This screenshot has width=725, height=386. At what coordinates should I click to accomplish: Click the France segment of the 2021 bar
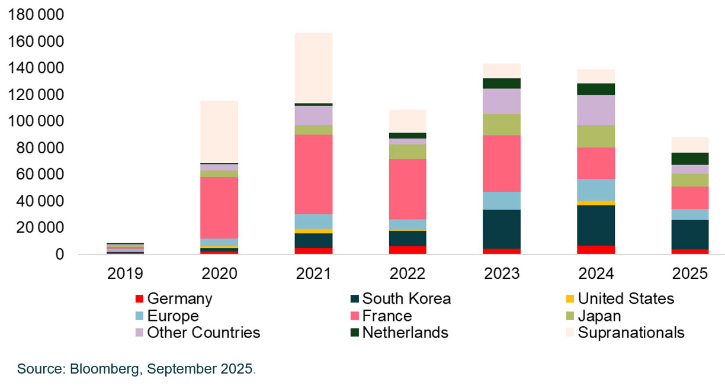point(313,174)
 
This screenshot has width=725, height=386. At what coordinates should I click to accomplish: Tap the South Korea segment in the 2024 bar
point(596,225)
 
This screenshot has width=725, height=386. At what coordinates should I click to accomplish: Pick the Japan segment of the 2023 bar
point(502,124)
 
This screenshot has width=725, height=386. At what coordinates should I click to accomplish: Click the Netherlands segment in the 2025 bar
point(689,159)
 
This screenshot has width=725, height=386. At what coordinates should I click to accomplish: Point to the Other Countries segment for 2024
point(596,110)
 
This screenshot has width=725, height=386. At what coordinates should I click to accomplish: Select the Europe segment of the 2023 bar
point(502,200)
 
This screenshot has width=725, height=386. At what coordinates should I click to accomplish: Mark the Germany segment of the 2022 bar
point(408,250)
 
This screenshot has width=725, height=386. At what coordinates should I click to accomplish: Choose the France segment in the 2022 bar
point(408,189)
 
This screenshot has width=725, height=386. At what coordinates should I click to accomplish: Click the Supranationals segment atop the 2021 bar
point(313,67)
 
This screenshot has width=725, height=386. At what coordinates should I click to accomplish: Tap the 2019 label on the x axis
point(125,274)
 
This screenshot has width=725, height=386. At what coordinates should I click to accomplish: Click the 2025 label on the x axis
point(689,274)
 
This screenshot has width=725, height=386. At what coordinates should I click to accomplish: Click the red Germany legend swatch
point(139,299)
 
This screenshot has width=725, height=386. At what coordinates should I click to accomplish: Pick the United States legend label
point(625,298)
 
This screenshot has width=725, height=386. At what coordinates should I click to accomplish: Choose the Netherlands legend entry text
point(405,333)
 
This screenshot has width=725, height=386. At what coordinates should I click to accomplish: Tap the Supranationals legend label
point(631,333)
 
